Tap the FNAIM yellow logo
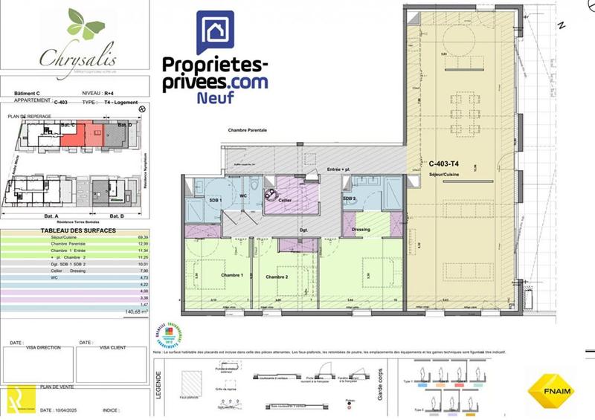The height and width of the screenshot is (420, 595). tap(550, 390)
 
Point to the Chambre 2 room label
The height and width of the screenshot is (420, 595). tap(277, 277)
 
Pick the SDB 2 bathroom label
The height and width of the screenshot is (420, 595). tap(350, 199)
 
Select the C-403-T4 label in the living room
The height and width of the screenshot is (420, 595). tap(444, 163)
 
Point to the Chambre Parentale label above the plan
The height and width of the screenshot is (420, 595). tap(248, 129)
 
